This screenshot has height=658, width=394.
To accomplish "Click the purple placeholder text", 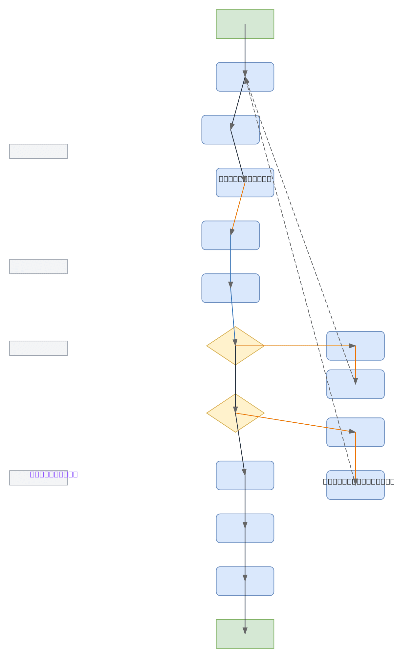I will (54, 474).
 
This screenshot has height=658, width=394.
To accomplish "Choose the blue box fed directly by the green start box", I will (230, 77).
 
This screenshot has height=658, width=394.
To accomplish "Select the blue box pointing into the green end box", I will (230, 581).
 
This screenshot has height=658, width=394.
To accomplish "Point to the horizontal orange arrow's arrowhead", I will (352, 346).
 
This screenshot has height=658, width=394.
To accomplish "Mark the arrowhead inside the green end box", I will (245, 631).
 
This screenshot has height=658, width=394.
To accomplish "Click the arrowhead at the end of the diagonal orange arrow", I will (352, 432).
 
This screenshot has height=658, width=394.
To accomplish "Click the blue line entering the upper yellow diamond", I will (233, 315).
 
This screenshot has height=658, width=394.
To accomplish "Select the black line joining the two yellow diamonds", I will (235, 377).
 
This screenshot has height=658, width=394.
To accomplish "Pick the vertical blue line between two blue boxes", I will (230, 259).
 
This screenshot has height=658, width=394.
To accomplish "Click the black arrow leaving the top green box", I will (245, 49).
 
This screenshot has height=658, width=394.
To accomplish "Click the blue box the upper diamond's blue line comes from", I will (217, 288).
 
